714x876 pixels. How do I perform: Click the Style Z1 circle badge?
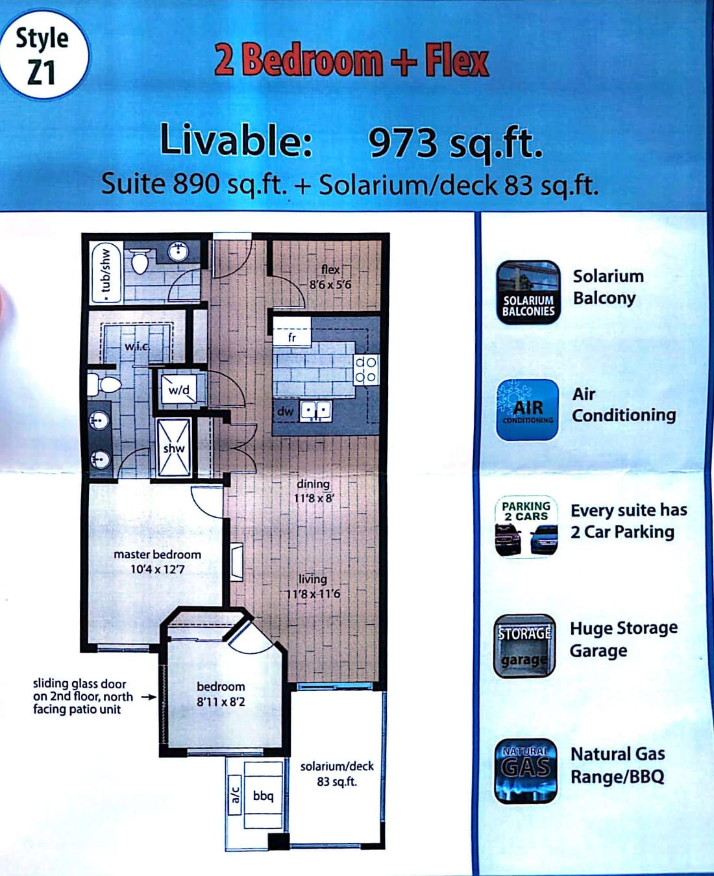pos(43,55)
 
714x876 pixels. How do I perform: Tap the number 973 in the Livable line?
pos(402,142)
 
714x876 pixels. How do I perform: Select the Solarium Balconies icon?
pos(528,292)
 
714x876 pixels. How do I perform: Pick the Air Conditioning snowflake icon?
pos(527,410)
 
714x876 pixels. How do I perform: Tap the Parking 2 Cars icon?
pos(526,526)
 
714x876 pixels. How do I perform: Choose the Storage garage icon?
pos(524,646)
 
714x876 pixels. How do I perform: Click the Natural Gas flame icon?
pos(526,771)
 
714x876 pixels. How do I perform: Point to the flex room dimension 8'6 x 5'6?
pos(330,284)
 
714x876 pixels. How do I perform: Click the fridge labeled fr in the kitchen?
pos(292,331)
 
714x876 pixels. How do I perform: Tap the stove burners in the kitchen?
pos(366,369)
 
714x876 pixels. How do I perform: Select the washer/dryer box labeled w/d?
pos(179,389)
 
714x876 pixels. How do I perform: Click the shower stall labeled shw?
pos(174,447)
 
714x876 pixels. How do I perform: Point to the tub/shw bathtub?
pos(106,272)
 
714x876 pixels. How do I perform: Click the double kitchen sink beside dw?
pos(316,411)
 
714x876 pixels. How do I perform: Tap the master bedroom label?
pos(157,554)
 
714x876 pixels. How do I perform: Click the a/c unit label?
pos(235,795)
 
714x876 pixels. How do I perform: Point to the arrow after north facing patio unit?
pos(149,697)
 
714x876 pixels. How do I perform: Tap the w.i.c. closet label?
pos(138,345)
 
